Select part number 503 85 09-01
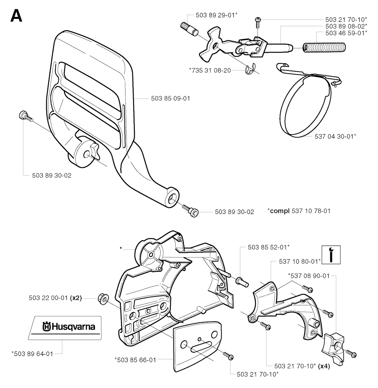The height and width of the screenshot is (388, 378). (171, 98)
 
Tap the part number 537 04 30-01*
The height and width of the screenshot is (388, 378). (336, 136)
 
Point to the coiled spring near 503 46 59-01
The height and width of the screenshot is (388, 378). (324, 47)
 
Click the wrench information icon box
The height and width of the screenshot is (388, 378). (331, 255)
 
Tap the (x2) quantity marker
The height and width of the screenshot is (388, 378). (76, 298)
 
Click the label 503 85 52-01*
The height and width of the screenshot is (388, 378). (269, 247)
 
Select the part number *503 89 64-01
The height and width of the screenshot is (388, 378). (32, 354)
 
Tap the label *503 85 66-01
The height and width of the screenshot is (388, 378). (135, 360)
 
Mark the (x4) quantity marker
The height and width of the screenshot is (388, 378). (324, 366)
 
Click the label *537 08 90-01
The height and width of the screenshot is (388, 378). (309, 276)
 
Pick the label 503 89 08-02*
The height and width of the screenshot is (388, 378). (346, 26)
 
